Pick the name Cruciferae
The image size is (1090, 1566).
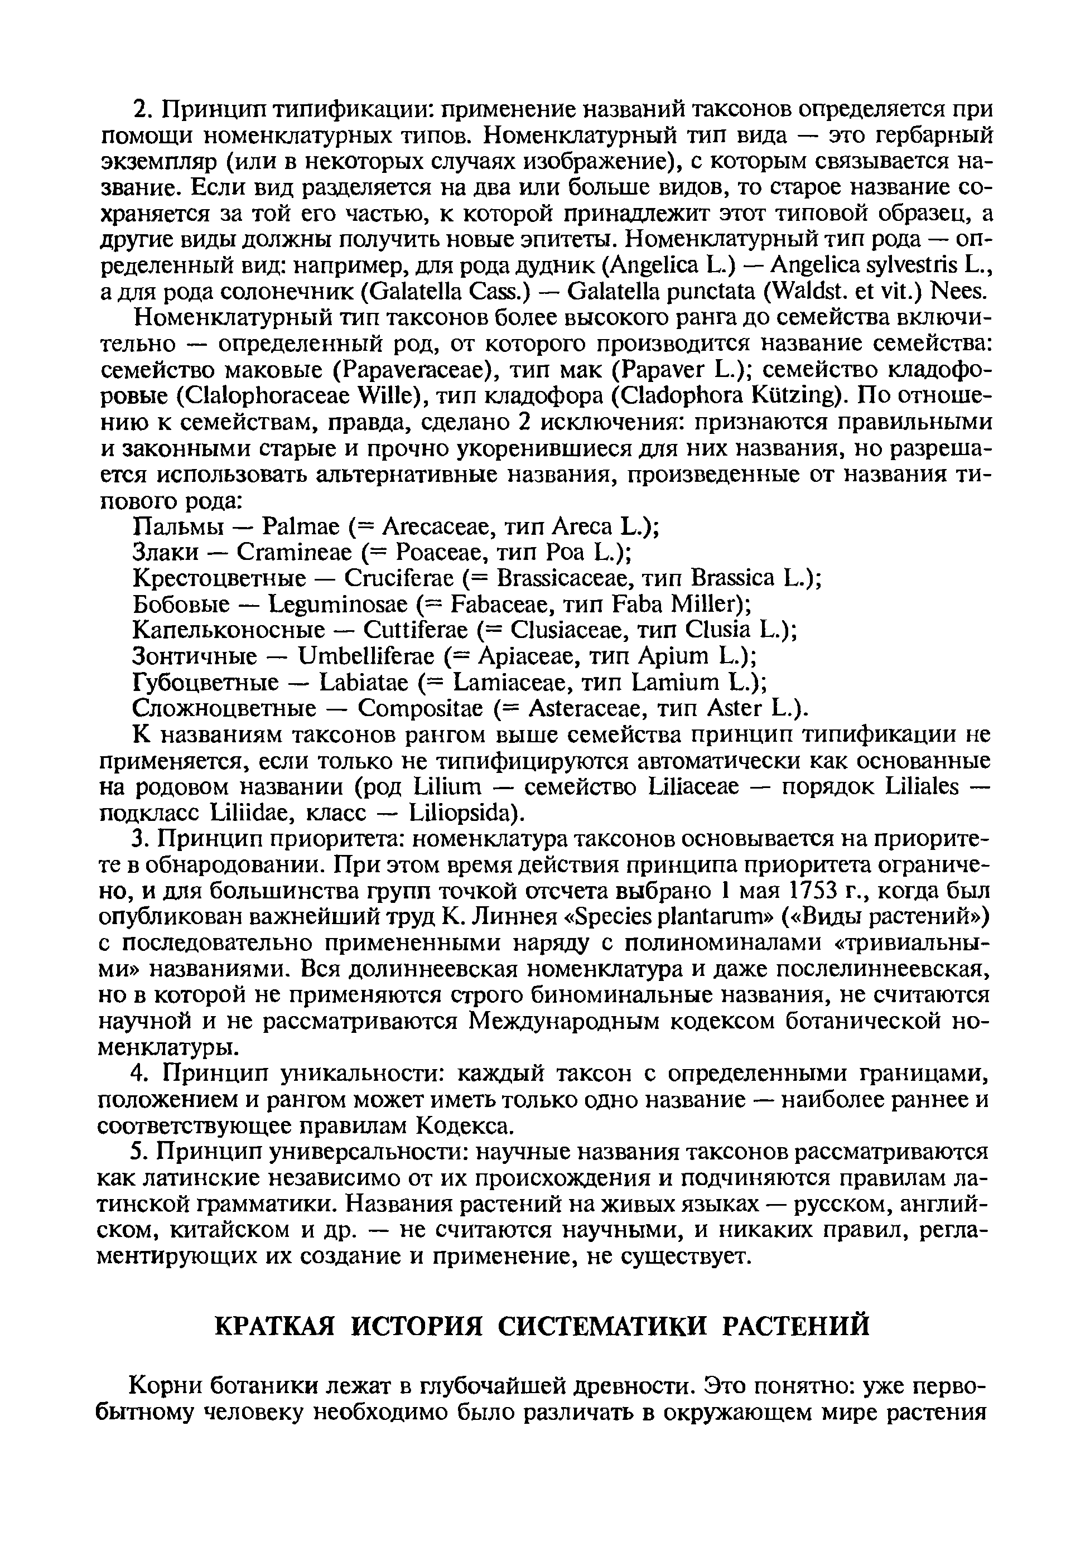[398, 578]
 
